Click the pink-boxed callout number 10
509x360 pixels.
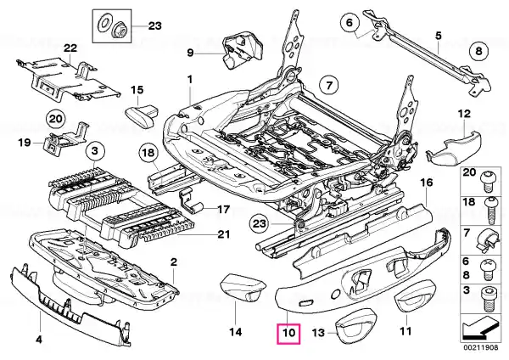pyautogui.click(x=288, y=334)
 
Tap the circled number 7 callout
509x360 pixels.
pyautogui.click(x=329, y=86)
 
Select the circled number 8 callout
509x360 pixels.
pyautogui.click(x=479, y=51)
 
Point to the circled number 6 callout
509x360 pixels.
pyautogui.click(x=350, y=23)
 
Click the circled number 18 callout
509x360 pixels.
pyautogui.click(x=148, y=154)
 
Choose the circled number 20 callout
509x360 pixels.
pyautogui.click(x=55, y=119)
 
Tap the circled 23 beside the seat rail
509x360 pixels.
pyautogui.click(x=259, y=223)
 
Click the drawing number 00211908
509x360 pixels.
pyautogui.click(x=480, y=347)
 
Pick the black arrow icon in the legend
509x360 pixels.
pyautogui.click(x=480, y=329)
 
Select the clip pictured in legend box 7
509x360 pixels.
pyautogui.click(x=488, y=240)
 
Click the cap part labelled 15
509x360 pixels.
pyautogui.click(x=142, y=115)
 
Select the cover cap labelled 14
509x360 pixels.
pyautogui.click(x=243, y=287)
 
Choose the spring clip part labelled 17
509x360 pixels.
pyautogui.click(x=191, y=200)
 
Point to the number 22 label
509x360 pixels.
pyautogui.click(x=70, y=48)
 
